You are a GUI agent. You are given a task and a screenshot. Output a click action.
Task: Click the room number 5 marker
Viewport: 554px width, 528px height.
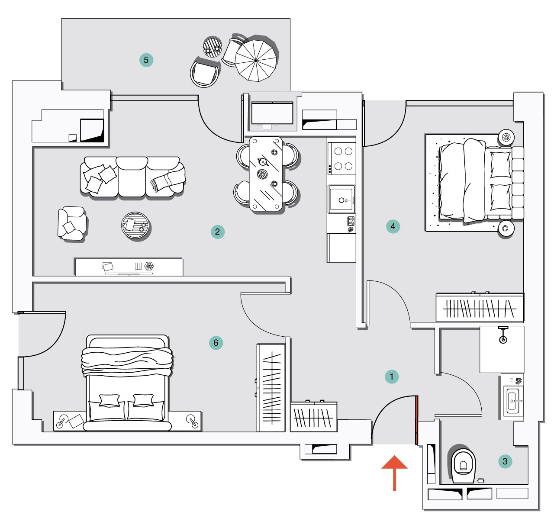tap(146, 60)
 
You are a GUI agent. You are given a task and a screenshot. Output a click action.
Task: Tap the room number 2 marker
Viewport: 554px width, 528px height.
tap(218, 232)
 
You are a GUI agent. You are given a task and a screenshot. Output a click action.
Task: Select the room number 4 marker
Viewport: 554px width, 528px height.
tap(393, 226)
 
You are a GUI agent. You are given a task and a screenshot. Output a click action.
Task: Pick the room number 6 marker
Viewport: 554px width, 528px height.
tap(216, 343)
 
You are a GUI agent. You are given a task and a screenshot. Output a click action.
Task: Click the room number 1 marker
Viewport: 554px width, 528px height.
tap(392, 377)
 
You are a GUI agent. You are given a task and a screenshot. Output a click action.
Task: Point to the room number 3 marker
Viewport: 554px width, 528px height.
tap(505, 461)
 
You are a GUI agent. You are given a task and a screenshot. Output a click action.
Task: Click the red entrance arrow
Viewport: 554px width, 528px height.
tap(394, 473)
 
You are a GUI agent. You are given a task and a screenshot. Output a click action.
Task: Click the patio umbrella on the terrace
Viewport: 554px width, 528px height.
tap(256, 60)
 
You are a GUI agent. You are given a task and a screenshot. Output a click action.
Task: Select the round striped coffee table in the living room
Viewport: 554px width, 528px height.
tap(135, 225)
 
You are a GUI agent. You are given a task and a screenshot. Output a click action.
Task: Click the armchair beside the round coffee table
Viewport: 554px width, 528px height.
tap(72, 223)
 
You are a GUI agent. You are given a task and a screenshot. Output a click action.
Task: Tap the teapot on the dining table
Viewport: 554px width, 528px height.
tap(263, 162)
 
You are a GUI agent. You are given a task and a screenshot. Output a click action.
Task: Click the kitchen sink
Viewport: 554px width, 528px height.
tap(341, 199)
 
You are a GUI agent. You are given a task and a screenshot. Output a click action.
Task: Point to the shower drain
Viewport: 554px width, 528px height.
tap(503, 340)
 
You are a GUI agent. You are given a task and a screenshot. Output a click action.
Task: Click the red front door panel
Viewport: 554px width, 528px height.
tap(417, 420)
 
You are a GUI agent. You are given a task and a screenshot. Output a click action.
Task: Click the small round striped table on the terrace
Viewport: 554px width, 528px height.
tap(212, 47)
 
